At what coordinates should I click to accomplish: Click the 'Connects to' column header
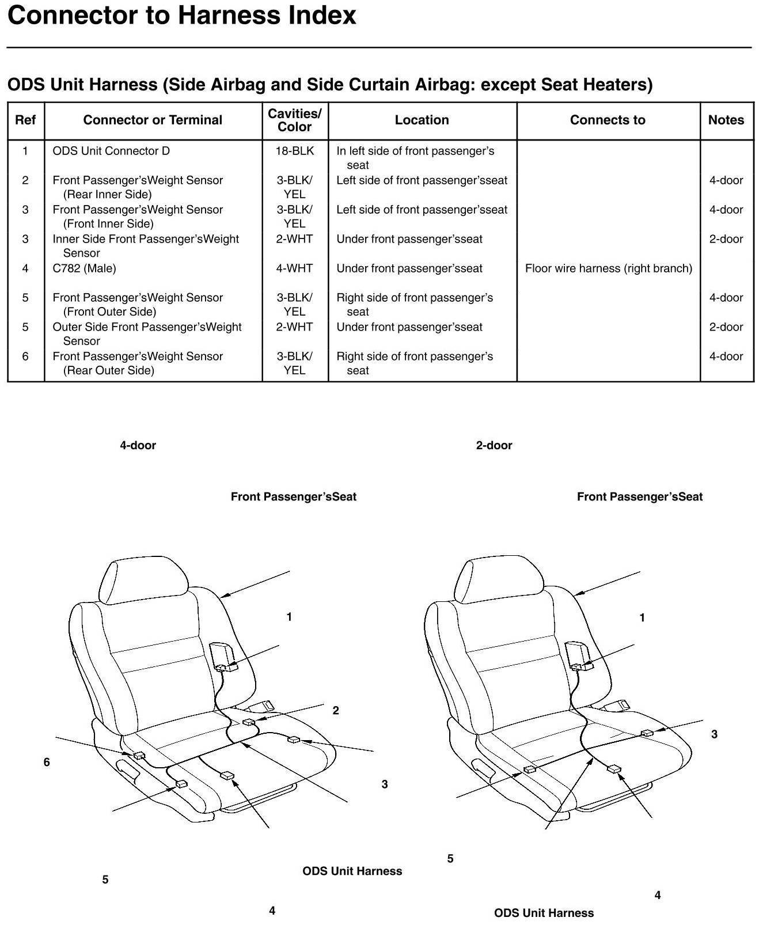point(608,120)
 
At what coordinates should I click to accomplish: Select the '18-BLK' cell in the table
point(294,151)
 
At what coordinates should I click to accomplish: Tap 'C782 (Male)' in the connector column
point(84,268)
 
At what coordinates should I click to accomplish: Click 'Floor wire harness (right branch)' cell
point(608,268)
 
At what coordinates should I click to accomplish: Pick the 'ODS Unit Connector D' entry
point(111,151)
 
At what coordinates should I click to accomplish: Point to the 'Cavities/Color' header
point(294,120)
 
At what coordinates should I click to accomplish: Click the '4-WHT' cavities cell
point(294,268)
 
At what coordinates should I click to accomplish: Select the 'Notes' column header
point(726,120)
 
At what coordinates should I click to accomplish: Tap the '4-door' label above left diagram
point(138,445)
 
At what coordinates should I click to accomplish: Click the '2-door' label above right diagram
point(494,445)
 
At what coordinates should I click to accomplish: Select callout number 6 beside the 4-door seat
point(47,762)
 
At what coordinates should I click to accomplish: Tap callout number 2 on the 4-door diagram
point(336,710)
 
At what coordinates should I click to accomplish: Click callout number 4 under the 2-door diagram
point(657,895)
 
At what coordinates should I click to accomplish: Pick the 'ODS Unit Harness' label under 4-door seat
point(352,871)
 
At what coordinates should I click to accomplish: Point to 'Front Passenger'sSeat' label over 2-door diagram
point(639,496)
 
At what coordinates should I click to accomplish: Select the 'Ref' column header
point(25,120)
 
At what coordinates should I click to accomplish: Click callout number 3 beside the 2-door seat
point(714,734)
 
